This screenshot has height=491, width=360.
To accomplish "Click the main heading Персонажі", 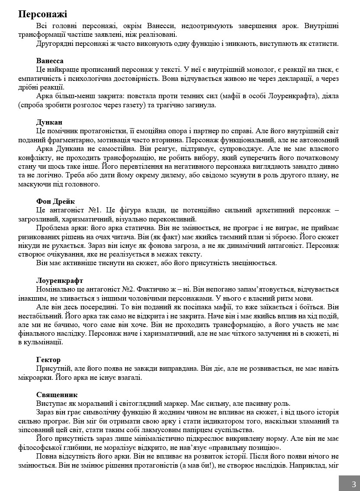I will point(42,15).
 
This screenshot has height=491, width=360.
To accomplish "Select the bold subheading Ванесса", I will point(50,61).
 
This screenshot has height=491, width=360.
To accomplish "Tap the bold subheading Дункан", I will point(49,122).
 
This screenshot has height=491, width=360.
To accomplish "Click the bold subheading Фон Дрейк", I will point(56,201).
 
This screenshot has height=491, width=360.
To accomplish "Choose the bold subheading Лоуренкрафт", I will point(60,280).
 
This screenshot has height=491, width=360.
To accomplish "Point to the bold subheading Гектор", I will point(48,359).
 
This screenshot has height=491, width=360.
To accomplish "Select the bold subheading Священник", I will point(57,395).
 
